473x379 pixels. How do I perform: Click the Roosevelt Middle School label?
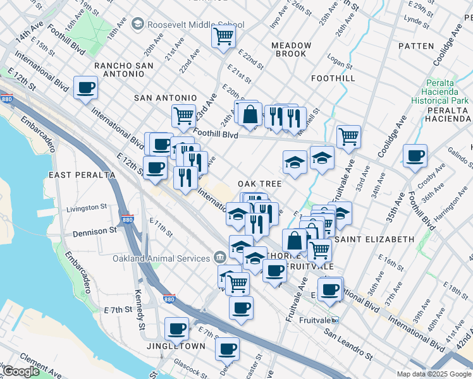[195, 25]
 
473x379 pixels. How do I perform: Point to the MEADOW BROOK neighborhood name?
[291, 50]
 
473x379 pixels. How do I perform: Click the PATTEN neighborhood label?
[416, 46]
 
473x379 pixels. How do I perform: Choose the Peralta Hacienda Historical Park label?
[439, 92]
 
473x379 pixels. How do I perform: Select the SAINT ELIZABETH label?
[374, 239]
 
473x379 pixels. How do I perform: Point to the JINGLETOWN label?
[176, 347]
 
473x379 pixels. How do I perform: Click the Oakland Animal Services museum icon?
[219, 258]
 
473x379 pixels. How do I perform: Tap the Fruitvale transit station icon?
[335, 320]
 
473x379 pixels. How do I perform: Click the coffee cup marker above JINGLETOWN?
[176, 328]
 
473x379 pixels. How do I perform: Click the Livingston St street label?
[87, 207]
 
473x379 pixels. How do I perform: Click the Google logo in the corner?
[20, 371]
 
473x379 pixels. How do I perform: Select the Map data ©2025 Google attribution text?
[433, 374]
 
